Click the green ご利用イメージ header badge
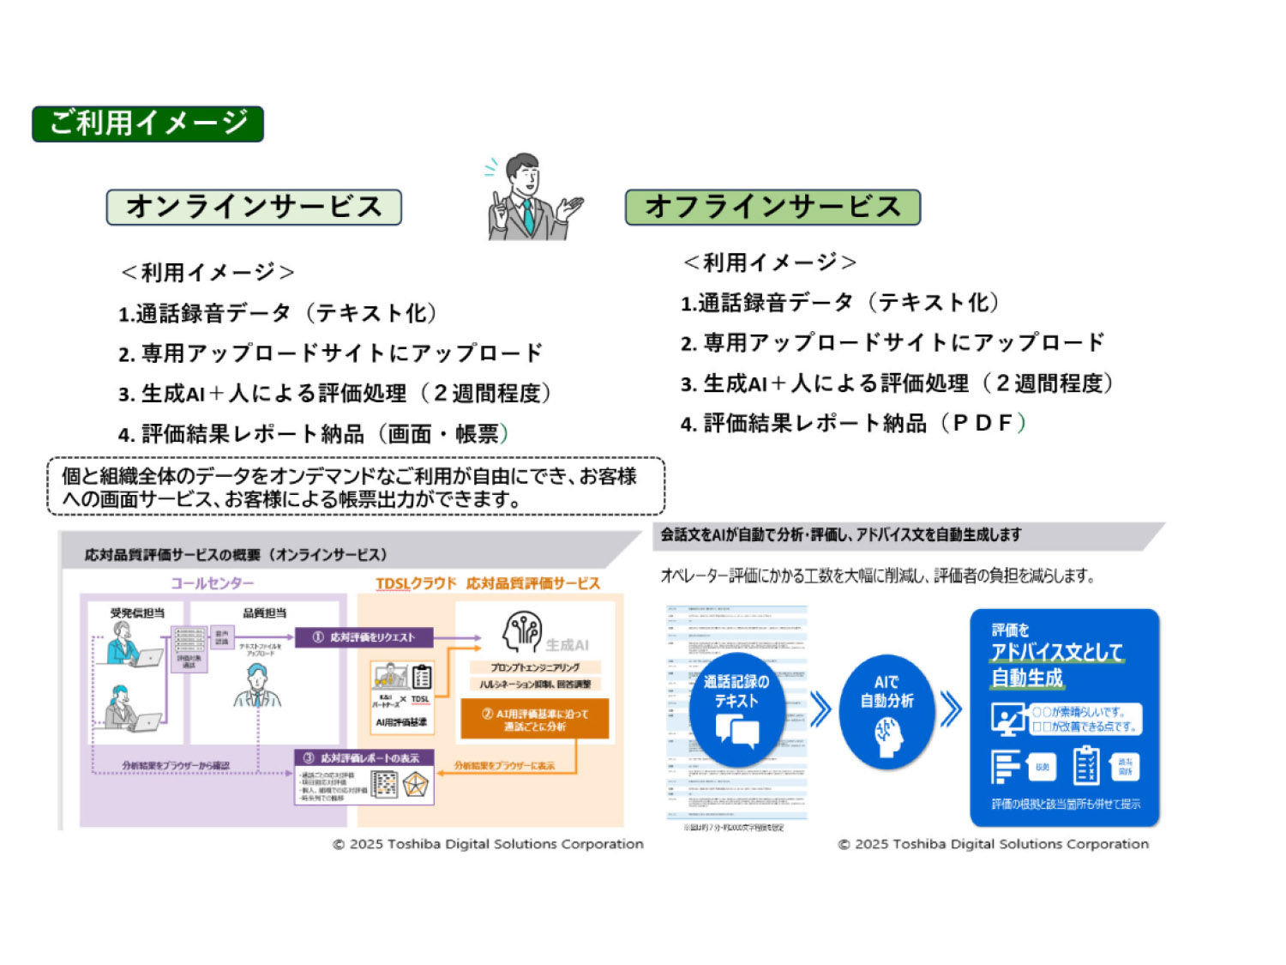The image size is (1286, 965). pos(147,124)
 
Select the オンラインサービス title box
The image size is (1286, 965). pos(254,208)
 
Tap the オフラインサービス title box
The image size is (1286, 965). pos(772,208)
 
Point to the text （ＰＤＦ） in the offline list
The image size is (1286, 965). pos(983,423)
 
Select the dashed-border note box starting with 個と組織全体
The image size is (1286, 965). pos(356,486)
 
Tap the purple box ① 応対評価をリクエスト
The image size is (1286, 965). pos(364,637)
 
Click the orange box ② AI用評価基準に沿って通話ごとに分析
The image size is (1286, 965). pos(534,720)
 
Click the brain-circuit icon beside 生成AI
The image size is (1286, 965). pos(522,633)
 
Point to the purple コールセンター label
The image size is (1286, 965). pos(212,583)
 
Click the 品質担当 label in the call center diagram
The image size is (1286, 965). pos(264,612)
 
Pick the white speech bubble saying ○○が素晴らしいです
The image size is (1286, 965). pos(1085,719)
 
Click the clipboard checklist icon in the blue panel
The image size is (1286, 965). pos(1085,766)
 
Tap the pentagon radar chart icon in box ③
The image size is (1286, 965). pos(416,784)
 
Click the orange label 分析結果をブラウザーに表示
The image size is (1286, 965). pos(504,765)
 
